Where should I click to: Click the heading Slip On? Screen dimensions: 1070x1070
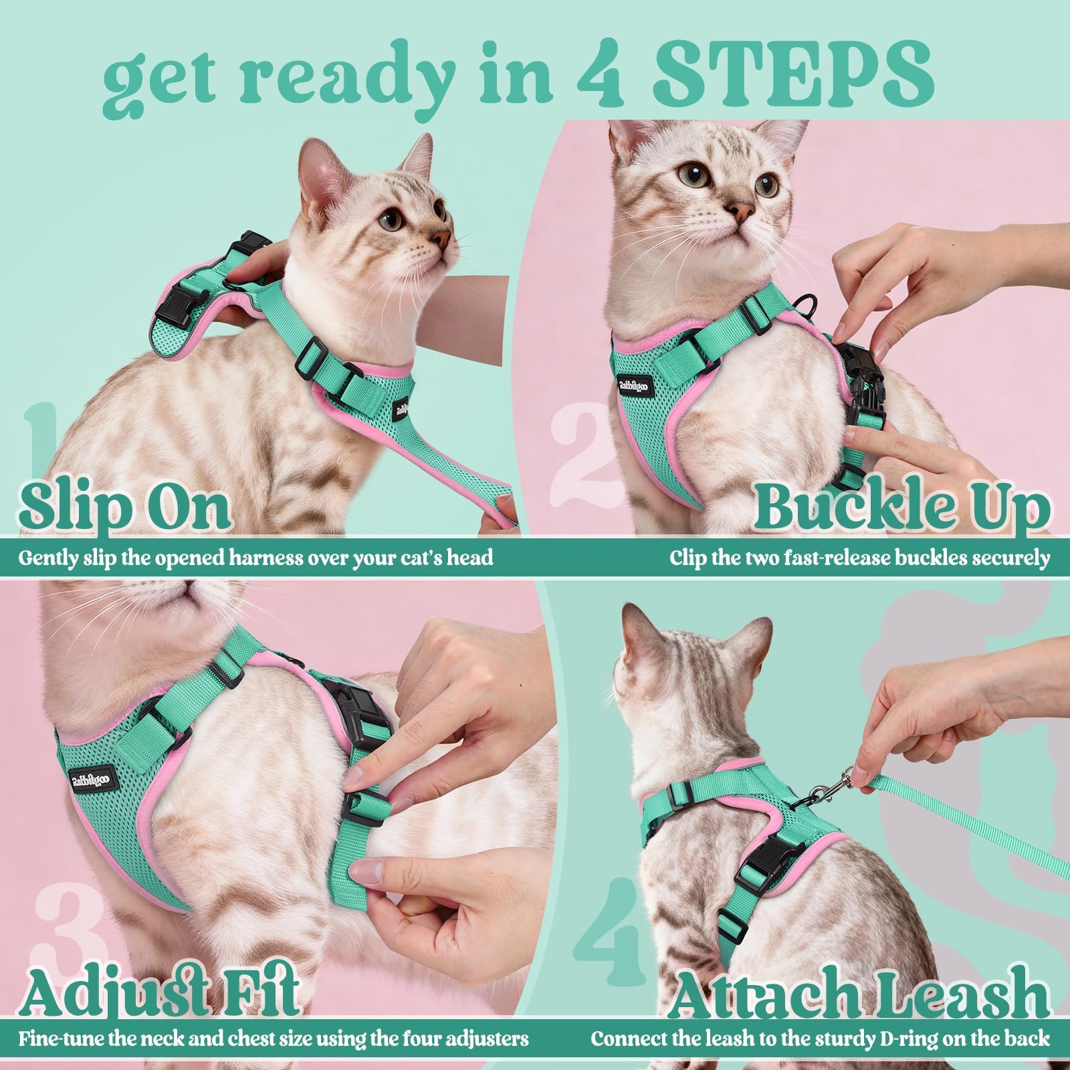pos(125,507)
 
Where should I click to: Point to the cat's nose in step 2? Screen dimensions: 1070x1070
pos(740,213)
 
